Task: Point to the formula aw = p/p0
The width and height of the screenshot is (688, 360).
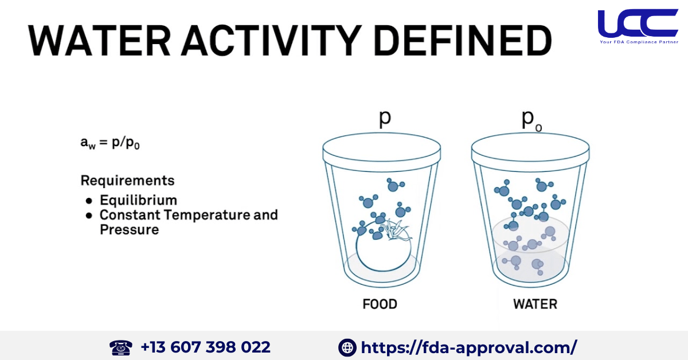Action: coord(111,143)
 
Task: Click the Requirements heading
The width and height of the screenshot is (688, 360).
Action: coord(127,181)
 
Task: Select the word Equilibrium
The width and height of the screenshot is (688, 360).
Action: coord(138,200)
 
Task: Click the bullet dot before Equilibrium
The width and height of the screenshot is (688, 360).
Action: coord(89,201)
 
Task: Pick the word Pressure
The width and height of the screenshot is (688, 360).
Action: coord(129,229)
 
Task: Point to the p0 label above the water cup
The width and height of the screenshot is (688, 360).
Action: coord(532,119)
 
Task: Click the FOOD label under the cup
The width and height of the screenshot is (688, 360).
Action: coord(380,304)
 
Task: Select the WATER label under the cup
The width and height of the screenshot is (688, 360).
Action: coord(535,304)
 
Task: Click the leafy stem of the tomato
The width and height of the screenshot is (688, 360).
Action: coord(397,229)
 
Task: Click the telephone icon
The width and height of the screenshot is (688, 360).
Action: coord(120,347)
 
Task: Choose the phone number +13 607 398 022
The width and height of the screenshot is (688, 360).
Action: coord(205,347)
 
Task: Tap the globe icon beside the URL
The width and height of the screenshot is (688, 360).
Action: coord(347,347)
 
